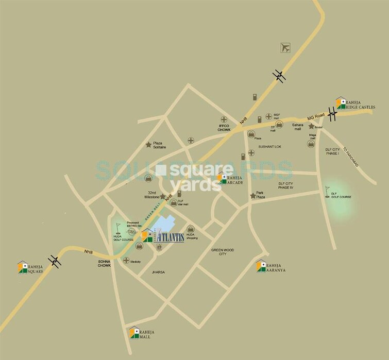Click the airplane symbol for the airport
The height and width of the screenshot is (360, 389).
(285, 48)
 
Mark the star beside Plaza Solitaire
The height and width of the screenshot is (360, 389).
(149, 145)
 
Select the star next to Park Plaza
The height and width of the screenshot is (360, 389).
(252, 196)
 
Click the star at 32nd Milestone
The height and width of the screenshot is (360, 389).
(163, 196)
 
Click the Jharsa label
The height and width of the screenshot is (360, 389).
(158, 271)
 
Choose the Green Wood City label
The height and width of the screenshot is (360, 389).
(223, 252)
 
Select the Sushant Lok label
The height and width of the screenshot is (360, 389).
(269, 146)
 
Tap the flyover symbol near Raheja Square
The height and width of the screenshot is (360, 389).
(55, 262)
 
